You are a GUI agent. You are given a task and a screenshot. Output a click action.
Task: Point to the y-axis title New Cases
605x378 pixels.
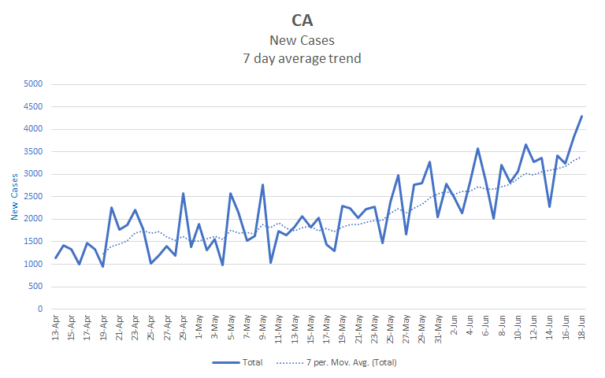coord(14,197)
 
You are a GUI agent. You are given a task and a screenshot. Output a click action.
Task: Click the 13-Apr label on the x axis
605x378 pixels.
coord(56,329)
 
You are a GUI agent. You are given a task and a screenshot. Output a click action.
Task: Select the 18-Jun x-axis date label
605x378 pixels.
coord(581,329)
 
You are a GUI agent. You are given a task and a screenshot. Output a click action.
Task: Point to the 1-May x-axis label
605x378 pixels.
coord(199,328)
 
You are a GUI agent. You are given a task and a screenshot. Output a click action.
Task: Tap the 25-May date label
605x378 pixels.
coord(390,329)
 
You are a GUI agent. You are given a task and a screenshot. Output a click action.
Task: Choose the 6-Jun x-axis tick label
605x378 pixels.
coord(486,328)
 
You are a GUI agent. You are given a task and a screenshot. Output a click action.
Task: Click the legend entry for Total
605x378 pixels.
coord(241,362)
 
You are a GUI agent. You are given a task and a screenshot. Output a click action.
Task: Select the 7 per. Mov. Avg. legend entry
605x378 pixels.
coord(339,362)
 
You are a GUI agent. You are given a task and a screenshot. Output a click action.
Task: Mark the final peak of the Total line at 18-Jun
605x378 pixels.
coord(581,117)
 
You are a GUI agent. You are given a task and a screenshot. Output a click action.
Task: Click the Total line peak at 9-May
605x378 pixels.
coord(262,185)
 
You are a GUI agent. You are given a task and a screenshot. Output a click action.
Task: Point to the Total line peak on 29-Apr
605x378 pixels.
coord(183,194)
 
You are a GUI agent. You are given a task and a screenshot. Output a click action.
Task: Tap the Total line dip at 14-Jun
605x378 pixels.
coord(549,207)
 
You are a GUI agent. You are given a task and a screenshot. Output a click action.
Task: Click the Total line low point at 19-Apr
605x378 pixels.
coord(103,266)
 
